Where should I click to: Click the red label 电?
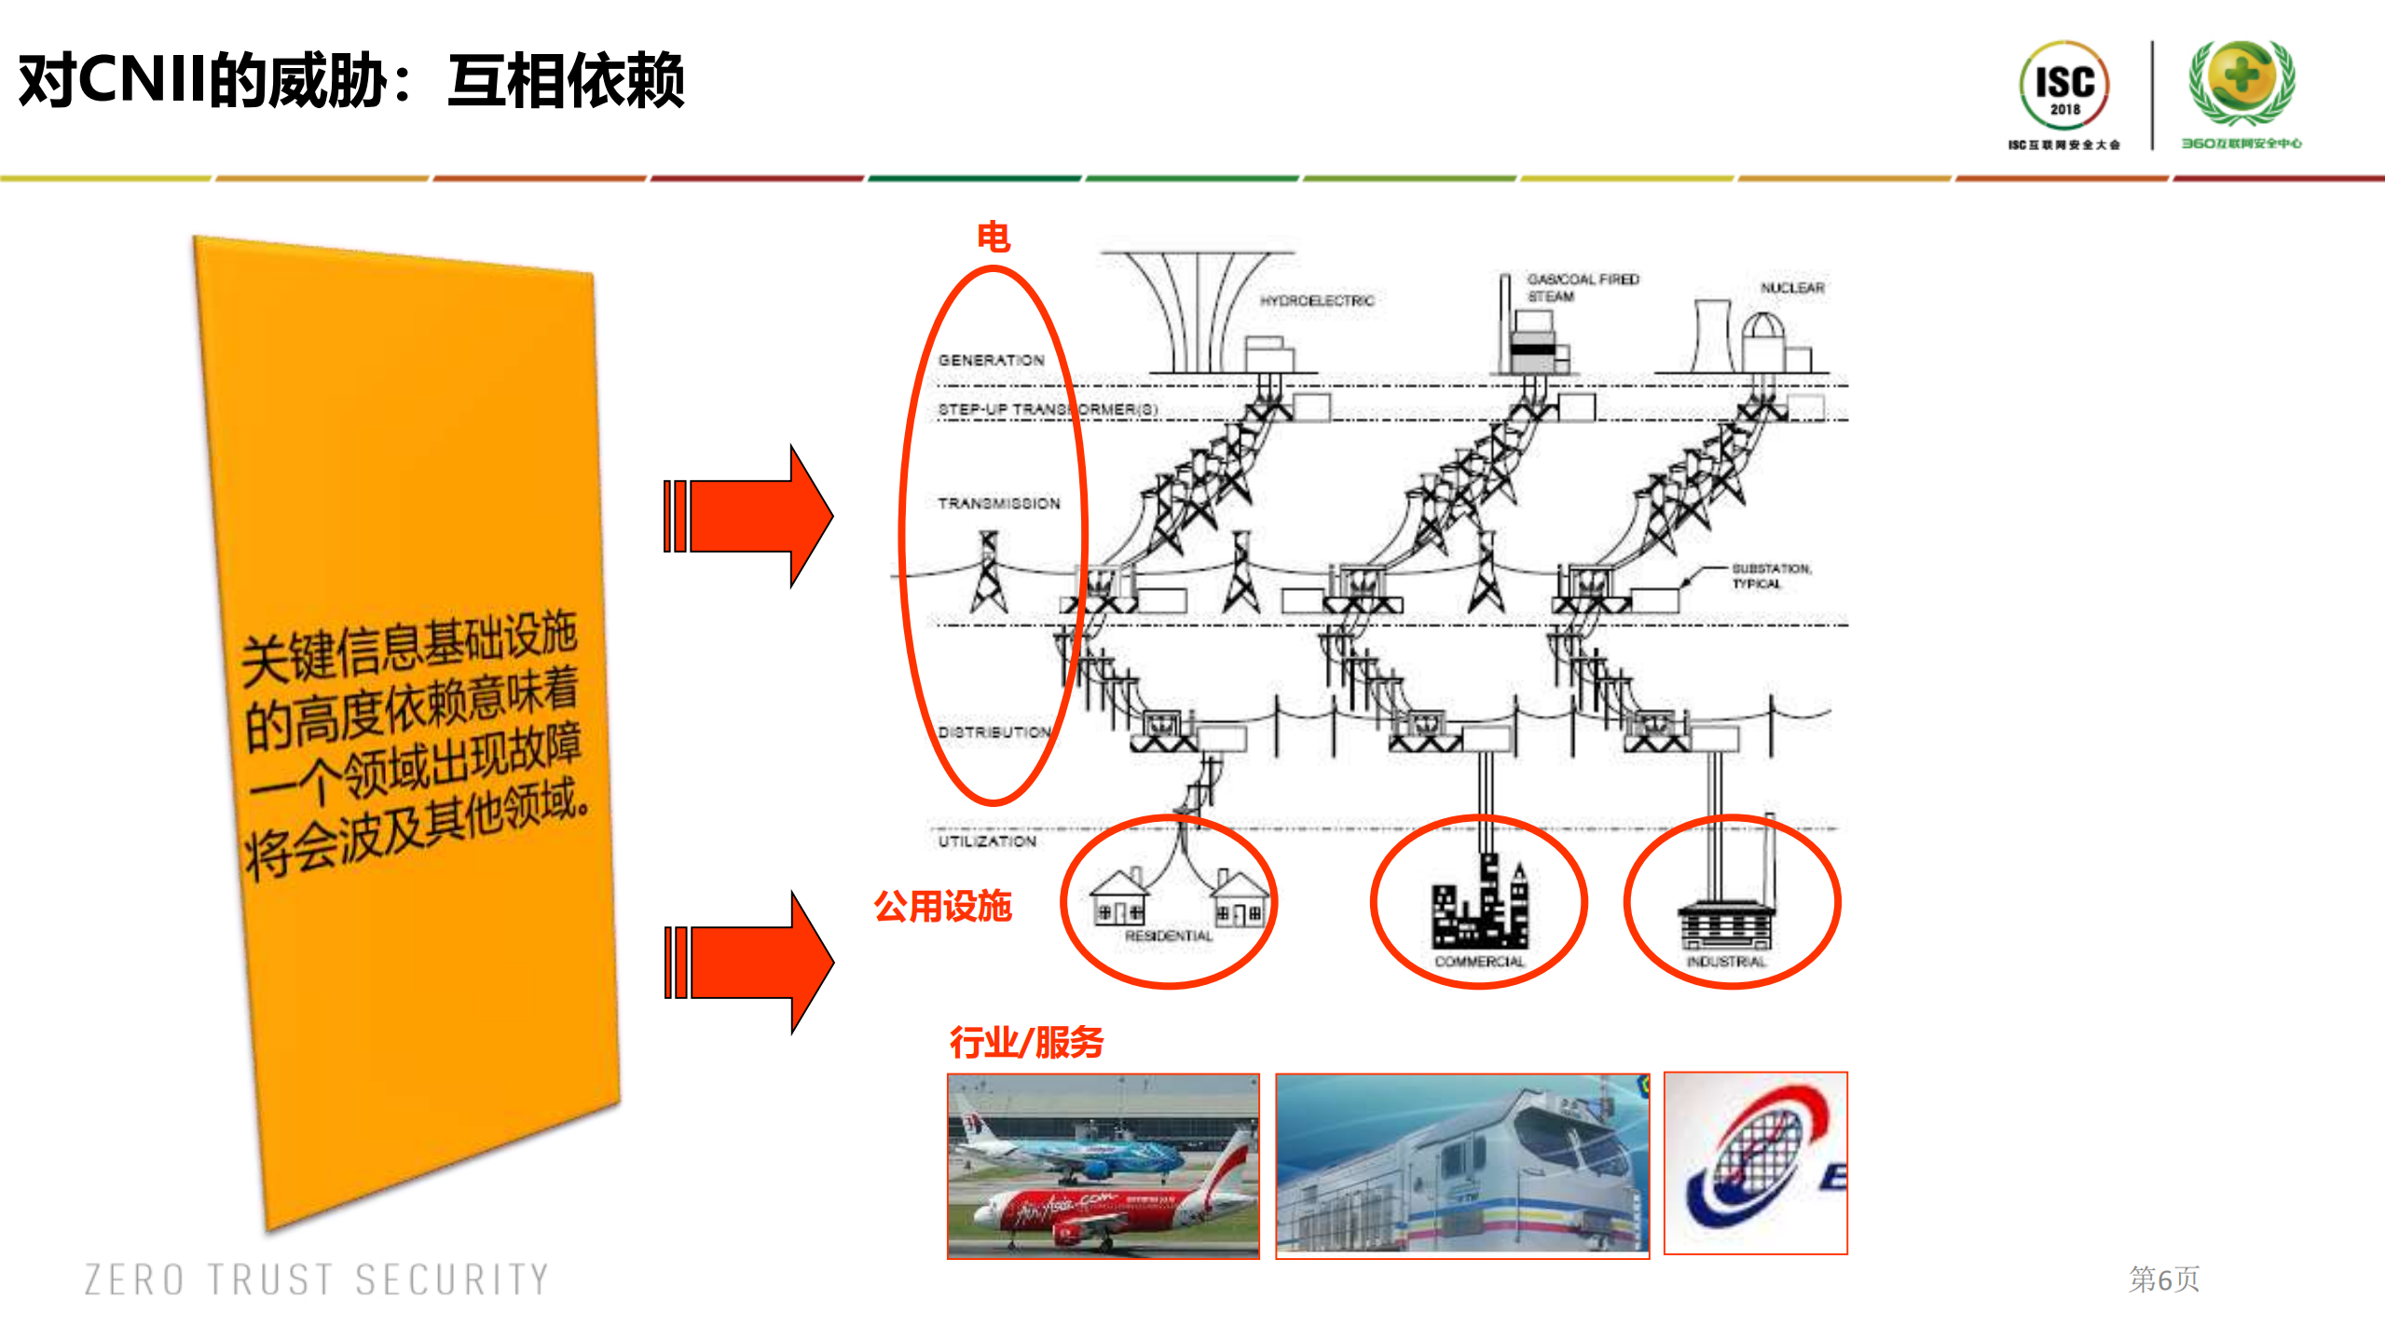993,237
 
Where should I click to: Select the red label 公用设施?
942,906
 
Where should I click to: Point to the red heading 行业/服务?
1025,1042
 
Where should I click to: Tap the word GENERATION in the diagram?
991,360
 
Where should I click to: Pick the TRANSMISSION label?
998,503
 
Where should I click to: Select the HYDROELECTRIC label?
1316,301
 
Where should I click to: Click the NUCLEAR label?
1791,288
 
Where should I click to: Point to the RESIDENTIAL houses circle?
1168,902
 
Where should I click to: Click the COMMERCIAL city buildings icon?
1479,904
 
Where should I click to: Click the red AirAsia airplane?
1100,1207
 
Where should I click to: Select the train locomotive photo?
1461,1166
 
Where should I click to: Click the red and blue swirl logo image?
1754,1163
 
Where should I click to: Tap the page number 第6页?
2163,1279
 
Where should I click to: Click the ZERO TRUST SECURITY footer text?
317,1279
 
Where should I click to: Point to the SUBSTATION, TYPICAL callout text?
1770,576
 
